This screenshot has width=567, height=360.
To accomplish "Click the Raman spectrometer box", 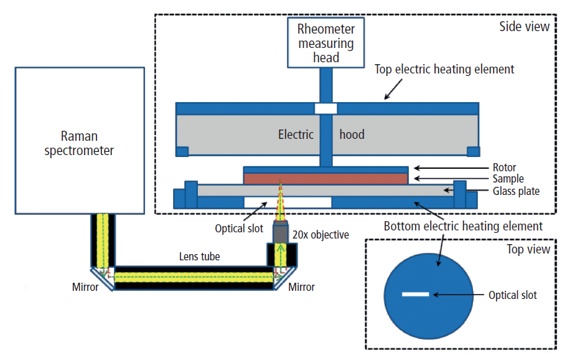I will [x=80, y=140].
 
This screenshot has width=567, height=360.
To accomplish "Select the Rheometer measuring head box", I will [x=326, y=43].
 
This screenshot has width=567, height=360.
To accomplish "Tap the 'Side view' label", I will [x=524, y=27].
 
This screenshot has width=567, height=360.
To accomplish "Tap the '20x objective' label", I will [x=321, y=235].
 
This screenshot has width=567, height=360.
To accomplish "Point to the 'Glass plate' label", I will [x=516, y=191].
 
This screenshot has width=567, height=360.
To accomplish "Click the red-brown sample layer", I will [x=326, y=178].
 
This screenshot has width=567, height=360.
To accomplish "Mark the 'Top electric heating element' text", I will [x=444, y=69].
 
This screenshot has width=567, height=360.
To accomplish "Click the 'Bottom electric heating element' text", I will [x=463, y=226].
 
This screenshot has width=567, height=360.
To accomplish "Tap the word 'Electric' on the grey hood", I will [x=296, y=134].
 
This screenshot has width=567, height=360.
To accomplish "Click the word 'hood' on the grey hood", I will [x=352, y=134].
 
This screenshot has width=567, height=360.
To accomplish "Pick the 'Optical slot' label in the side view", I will [x=238, y=229].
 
